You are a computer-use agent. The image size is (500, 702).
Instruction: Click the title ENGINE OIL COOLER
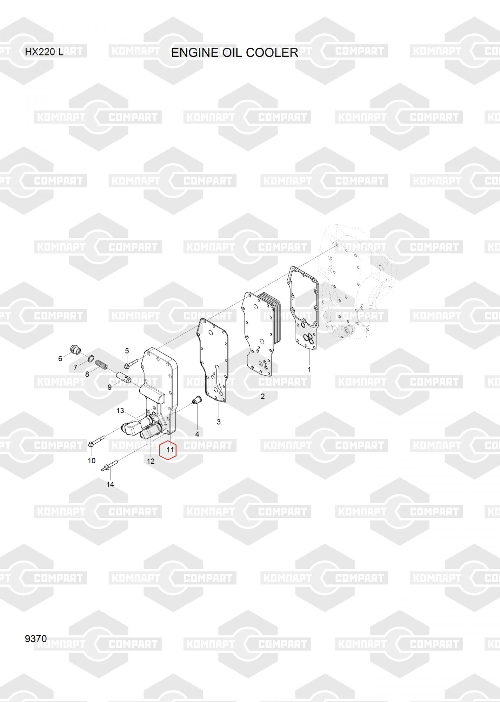[x=234, y=53]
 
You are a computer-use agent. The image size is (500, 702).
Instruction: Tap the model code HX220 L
[x=44, y=52]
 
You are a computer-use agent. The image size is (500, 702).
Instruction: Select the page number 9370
[x=36, y=638]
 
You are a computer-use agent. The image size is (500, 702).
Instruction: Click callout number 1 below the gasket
[x=309, y=369]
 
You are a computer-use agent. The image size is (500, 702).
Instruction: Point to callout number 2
[x=262, y=397]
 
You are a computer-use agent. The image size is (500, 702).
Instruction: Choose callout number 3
[x=219, y=422]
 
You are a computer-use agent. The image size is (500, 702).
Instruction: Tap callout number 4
[x=197, y=434]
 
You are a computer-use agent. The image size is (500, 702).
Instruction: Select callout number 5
[x=127, y=351]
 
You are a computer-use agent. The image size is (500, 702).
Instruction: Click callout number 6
[x=60, y=358]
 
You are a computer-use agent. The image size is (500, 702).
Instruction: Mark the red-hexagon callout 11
[x=171, y=450]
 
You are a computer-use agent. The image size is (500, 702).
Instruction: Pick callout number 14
[x=110, y=484]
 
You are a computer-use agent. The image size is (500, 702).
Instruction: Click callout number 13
[x=120, y=410]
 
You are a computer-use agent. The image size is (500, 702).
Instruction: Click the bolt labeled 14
[x=108, y=466]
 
